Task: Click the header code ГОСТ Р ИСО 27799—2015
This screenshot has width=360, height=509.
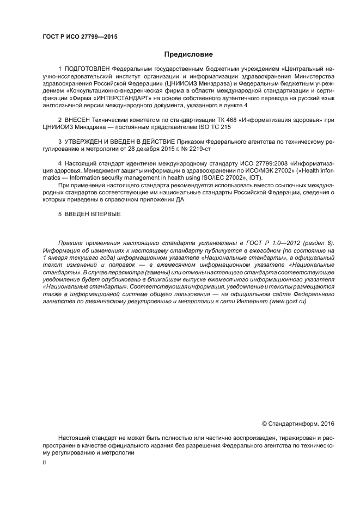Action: pos(80,37)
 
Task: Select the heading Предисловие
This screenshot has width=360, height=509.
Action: pos(188,54)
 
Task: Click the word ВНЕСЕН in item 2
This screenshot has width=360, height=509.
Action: pos(77,119)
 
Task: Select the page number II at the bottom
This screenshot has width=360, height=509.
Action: pos(45,462)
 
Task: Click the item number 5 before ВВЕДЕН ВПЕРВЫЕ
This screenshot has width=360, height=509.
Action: pos(60,214)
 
